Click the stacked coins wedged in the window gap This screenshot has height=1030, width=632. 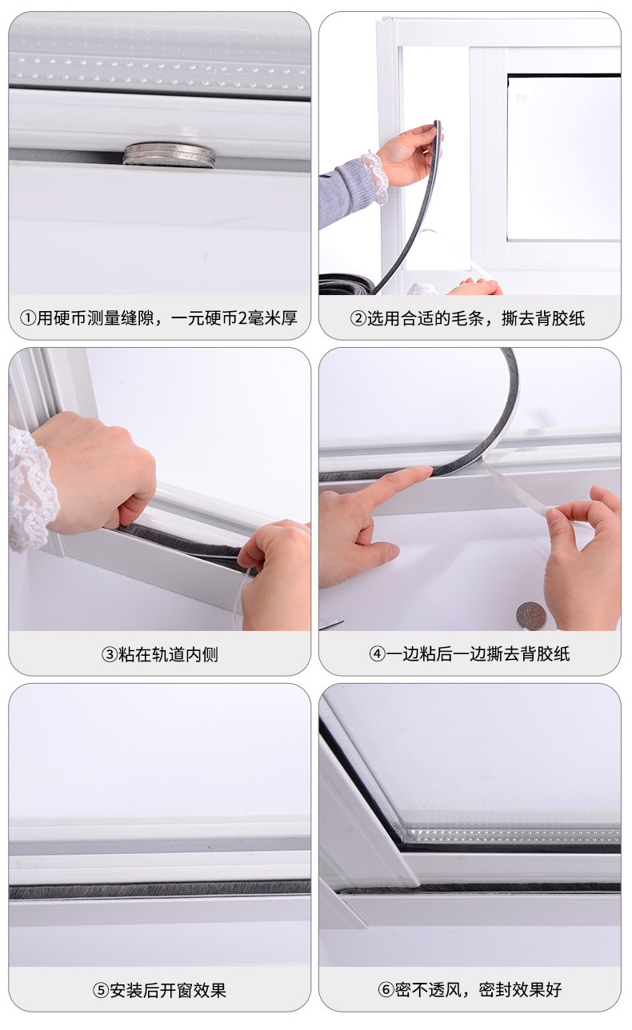tap(169, 154)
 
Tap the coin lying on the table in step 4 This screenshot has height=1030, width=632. tap(531, 615)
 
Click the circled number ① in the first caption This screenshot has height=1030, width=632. tap(28, 318)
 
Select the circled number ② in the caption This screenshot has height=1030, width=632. tap(358, 318)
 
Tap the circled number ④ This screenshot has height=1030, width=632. tap(377, 653)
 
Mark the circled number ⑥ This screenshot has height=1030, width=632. tap(386, 989)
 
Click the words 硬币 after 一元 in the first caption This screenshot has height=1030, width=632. tap(220, 318)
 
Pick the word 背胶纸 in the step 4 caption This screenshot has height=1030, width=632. tap(545, 653)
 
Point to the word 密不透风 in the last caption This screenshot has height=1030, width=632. tap(428, 989)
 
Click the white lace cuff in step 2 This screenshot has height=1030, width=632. tap(374, 177)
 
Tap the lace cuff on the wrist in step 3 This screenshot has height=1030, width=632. tap(30, 489)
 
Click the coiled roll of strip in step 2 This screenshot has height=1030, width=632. tap(346, 284)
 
